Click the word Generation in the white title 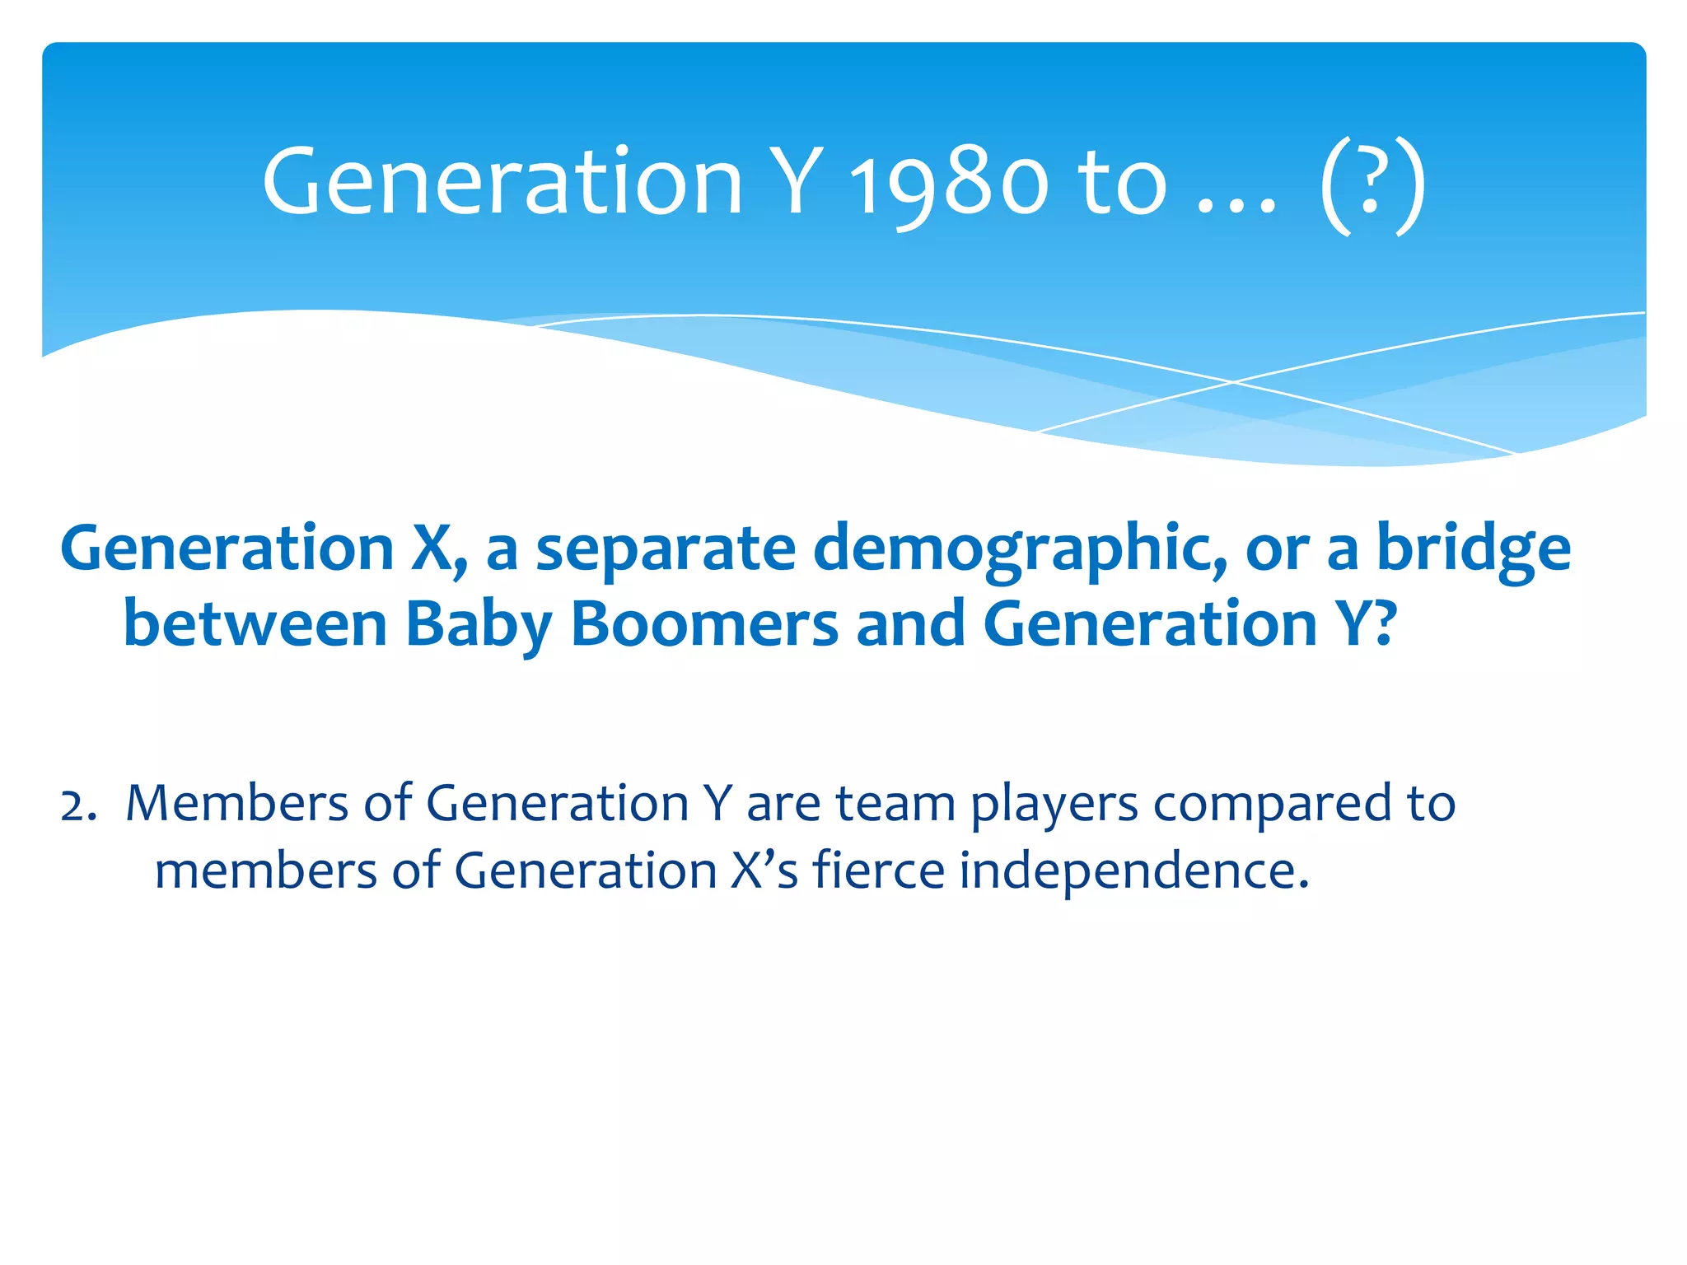(502, 183)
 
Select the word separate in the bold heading (666, 549)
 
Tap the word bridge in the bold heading (1474, 549)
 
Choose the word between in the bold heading (255, 623)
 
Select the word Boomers (704, 623)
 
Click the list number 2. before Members (78, 805)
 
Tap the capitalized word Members (237, 803)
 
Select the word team (895, 803)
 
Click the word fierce (878, 871)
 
